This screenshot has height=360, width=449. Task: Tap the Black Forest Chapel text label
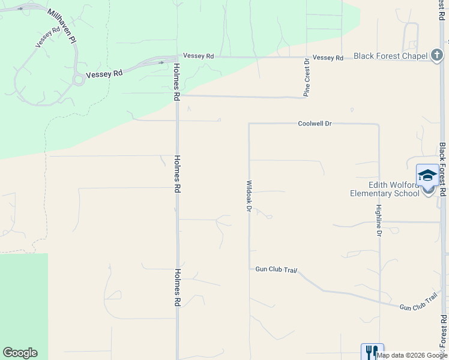point(390,56)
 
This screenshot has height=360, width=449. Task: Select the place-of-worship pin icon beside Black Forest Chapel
point(437,56)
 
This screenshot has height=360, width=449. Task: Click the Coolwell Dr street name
point(315,124)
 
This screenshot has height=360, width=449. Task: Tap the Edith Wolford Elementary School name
point(385,189)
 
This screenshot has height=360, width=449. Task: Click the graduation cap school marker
point(427,175)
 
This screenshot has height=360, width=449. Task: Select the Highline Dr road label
point(379,221)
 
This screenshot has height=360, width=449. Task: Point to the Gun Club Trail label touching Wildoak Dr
point(276,270)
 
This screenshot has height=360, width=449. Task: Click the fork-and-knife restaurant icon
point(372,352)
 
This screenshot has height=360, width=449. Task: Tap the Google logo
point(20,353)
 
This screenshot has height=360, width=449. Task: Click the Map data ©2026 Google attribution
point(412,355)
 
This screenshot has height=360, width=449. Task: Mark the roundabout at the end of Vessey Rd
point(78,79)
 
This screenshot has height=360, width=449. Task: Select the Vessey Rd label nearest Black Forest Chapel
point(328,58)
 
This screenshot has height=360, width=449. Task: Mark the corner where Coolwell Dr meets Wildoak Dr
point(249,124)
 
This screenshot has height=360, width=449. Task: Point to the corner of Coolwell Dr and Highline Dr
point(379,124)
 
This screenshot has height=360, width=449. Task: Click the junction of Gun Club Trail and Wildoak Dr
point(249,269)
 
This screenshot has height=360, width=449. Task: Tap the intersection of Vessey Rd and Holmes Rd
point(177,58)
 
